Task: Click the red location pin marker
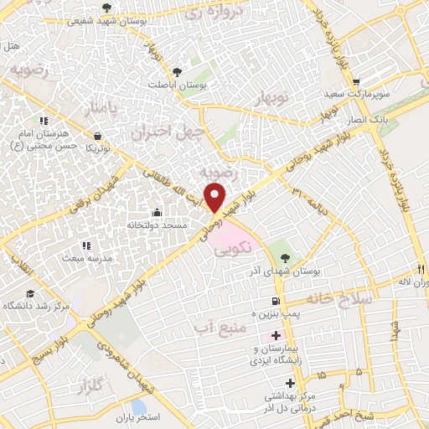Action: [x=216, y=197]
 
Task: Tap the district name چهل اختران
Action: [x=163, y=132]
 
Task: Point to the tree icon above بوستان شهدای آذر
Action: [x=283, y=257]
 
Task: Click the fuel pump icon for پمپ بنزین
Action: [x=276, y=302]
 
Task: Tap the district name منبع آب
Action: [x=217, y=323]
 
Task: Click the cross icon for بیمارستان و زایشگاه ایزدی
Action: [x=276, y=335]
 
